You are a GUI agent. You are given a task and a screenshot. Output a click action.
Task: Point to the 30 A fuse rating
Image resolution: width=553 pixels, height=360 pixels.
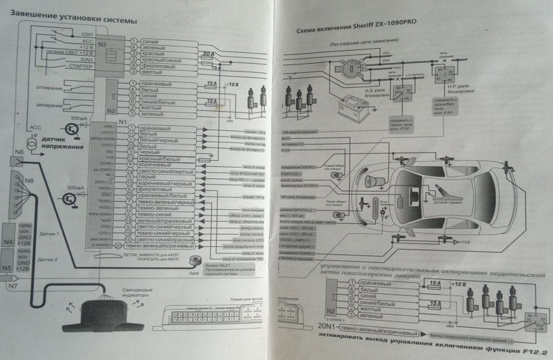[207, 54]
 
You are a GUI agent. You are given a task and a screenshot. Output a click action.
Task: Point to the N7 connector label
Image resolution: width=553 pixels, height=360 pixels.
[12, 287]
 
